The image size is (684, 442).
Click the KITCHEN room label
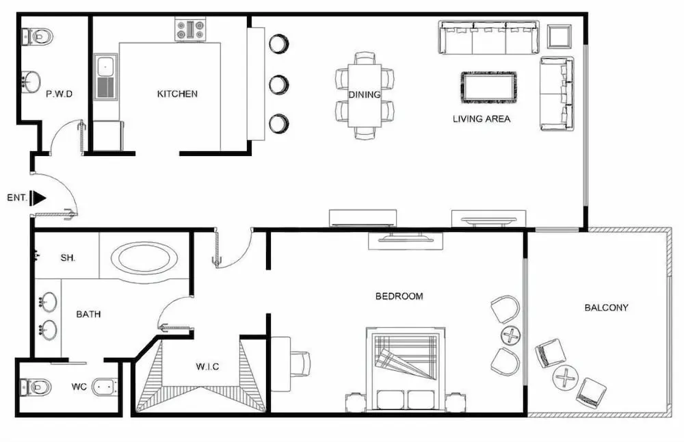pyautogui.click(x=177, y=94)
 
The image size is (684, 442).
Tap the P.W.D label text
pyautogui.click(x=60, y=94)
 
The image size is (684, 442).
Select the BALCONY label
pyautogui.click(x=606, y=308)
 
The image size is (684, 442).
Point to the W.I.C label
pyautogui.click(x=207, y=367)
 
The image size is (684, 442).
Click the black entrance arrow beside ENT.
pyautogui.click(x=39, y=198)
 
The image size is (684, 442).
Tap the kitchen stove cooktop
pyautogui.click(x=190, y=29)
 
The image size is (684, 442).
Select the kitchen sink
pyautogui.click(x=105, y=77)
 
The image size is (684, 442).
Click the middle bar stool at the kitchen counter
pyautogui.click(x=279, y=84)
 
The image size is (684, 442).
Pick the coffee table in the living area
pyautogui.click(x=488, y=88)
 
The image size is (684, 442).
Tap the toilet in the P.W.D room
pyautogui.click(x=37, y=37)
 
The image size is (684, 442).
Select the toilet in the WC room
pyautogui.click(x=36, y=387)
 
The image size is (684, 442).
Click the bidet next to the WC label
pyautogui.click(x=105, y=387)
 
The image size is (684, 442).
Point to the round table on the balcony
pyautogui.click(x=566, y=378)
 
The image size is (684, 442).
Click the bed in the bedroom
pyautogui.click(x=406, y=369)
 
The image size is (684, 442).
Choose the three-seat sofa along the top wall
pyautogui.click(x=488, y=38)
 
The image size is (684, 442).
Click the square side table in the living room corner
pyautogui.click(x=560, y=36)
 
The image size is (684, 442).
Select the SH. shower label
pyautogui.click(x=68, y=258)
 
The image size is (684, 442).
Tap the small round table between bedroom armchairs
pyautogui.click(x=510, y=335)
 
